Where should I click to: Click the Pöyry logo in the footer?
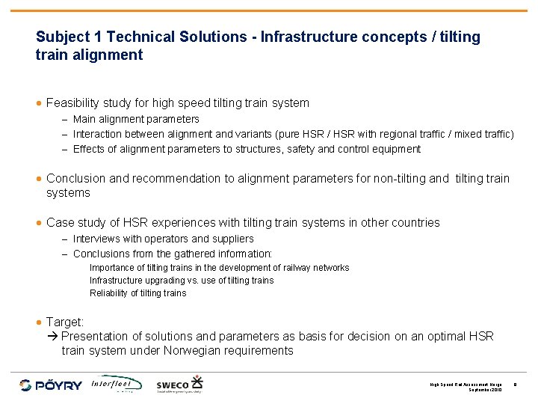coord(51,385)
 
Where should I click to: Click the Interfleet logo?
coord(117,384)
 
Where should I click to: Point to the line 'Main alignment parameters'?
coord(136,119)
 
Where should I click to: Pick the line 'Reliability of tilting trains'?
coord(137,293)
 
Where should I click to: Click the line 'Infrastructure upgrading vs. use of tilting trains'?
coord(182,280)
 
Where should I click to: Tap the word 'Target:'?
coord(65,322)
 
